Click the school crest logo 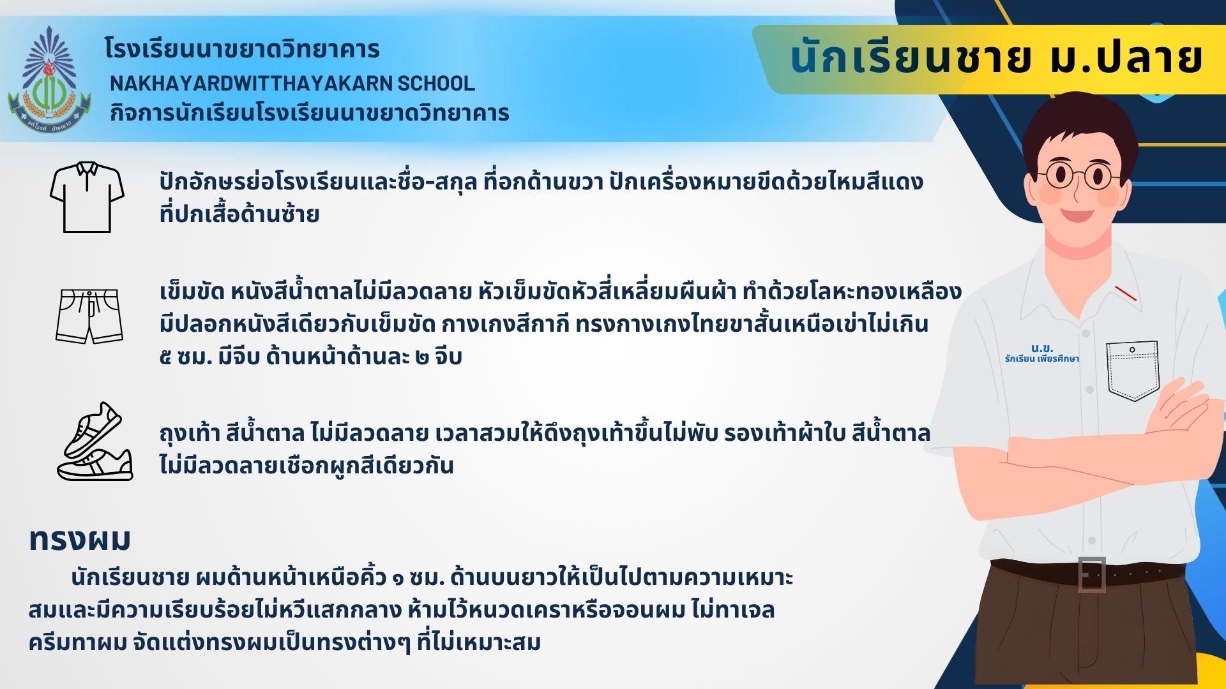pyautogui.click(x=50, y=79)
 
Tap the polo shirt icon pyautogui.click(x=87, y=197)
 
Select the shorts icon pyautogui.click(x=89, y=316)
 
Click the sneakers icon pyautogui.click(x=95, y=441)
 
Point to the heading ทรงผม pyautogui.click(x=80, y=540)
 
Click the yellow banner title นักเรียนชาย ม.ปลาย pyautogui.click(x=996, y=59)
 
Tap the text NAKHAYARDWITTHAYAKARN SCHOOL pyautogui.click(x=292, y=83)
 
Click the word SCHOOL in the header pyautogui.click(x=436, y=83)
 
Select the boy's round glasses pyautogui.click(x=1079, y=175)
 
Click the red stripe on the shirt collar pyautogui.click(x=1126, y=293)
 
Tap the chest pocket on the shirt pyautogui.click(x=1133, y=371)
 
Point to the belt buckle pyautogui.click(x=1091, y=574)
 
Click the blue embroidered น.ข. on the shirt pyautogui.click(x=1042, y=348)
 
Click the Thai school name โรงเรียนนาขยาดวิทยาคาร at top pyautogui.click(x=242, y=49)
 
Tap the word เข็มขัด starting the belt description pyautogui.click(x=192, y=292)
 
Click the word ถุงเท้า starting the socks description pyautogui.click(x=190, y=433)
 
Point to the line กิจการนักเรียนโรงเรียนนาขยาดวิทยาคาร pyautogui.click(x=309, y=113)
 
